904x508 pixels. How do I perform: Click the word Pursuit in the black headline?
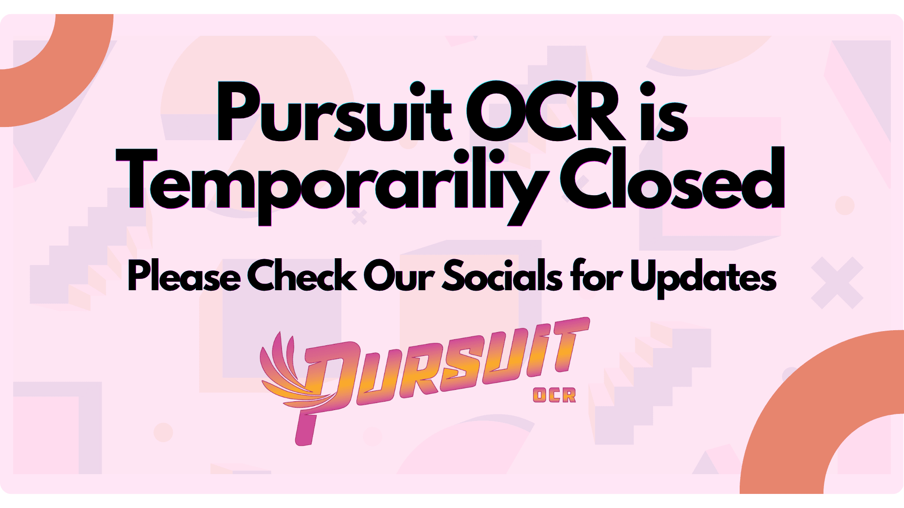click(x=334, y=112)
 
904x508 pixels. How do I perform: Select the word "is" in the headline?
click(x=664, y=111)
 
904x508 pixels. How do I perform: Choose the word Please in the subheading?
click(x=184, y=276)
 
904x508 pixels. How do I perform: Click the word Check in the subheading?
click(x=302, y=275)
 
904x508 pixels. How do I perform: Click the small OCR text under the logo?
click(x=554, y=396)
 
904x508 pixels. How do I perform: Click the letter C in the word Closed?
click(x=586, y=179)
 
